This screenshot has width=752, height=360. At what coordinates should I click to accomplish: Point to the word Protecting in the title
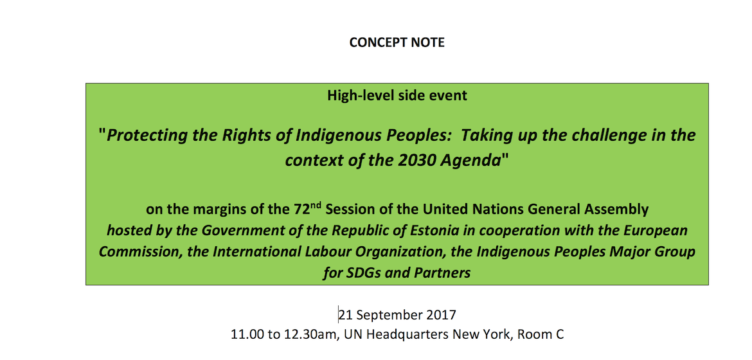[139, 136]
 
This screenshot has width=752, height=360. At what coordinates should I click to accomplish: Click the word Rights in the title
[224, 135]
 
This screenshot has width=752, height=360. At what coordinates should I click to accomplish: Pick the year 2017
[441, 315]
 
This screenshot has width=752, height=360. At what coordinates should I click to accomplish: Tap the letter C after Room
[559, 334]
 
